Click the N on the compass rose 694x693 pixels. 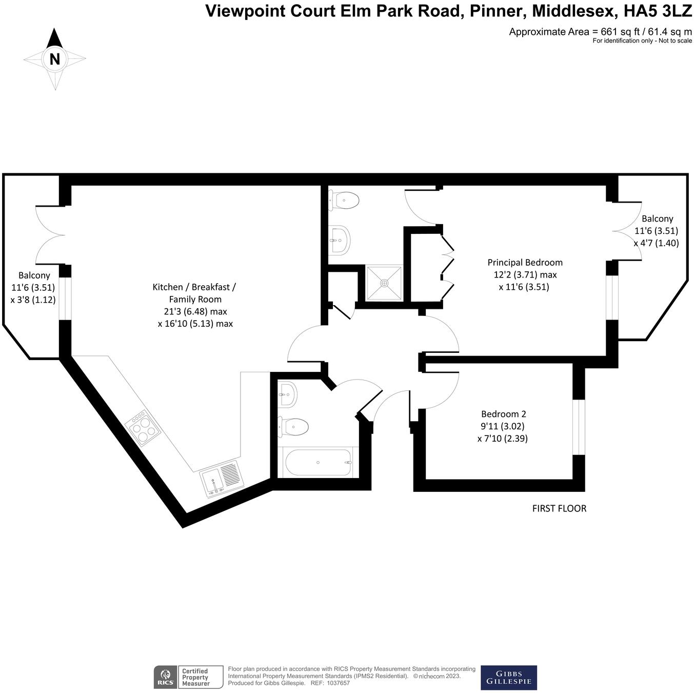(54, 59)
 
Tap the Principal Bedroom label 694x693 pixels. (525, 263)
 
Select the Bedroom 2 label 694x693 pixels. (503, 414)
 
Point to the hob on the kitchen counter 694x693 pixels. (143, 427)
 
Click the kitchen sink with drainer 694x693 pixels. (221, 478)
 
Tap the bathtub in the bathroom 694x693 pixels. (318, 462)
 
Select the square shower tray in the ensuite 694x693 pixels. (384, 283)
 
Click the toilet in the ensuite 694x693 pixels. (344, 200)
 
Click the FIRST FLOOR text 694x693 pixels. (559, 508)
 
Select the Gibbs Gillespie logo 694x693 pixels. (508, 678)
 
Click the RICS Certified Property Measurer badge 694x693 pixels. (189, 677)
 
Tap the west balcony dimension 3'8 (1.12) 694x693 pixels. (33, 300)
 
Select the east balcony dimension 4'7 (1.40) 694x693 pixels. (656, 243)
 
